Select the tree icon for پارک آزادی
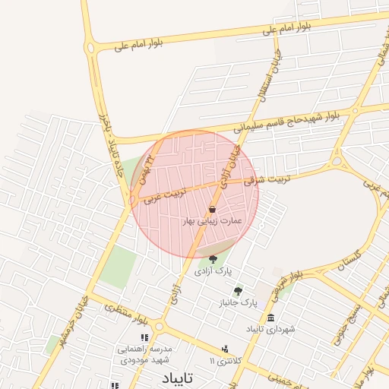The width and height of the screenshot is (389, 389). pos(212,260)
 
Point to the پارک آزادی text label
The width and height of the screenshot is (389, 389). pos(213,271)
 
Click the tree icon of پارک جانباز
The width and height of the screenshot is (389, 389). pos(239,291)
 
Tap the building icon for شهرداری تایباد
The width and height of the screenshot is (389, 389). pos(271,318)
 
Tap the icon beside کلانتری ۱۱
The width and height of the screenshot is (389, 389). pos(225,349)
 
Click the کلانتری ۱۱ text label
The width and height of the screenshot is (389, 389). pos(224,360)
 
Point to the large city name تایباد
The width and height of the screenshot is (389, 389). pos(179,378)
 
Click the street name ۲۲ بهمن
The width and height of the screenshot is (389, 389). pos(147,172)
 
